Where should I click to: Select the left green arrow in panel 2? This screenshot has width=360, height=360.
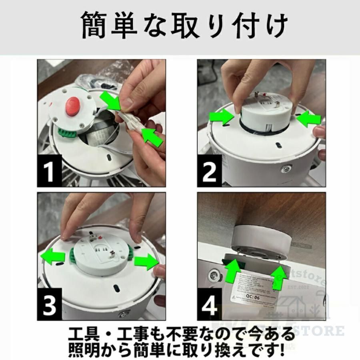[221, 117]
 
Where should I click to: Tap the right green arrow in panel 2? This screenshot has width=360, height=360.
[310, 118]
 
